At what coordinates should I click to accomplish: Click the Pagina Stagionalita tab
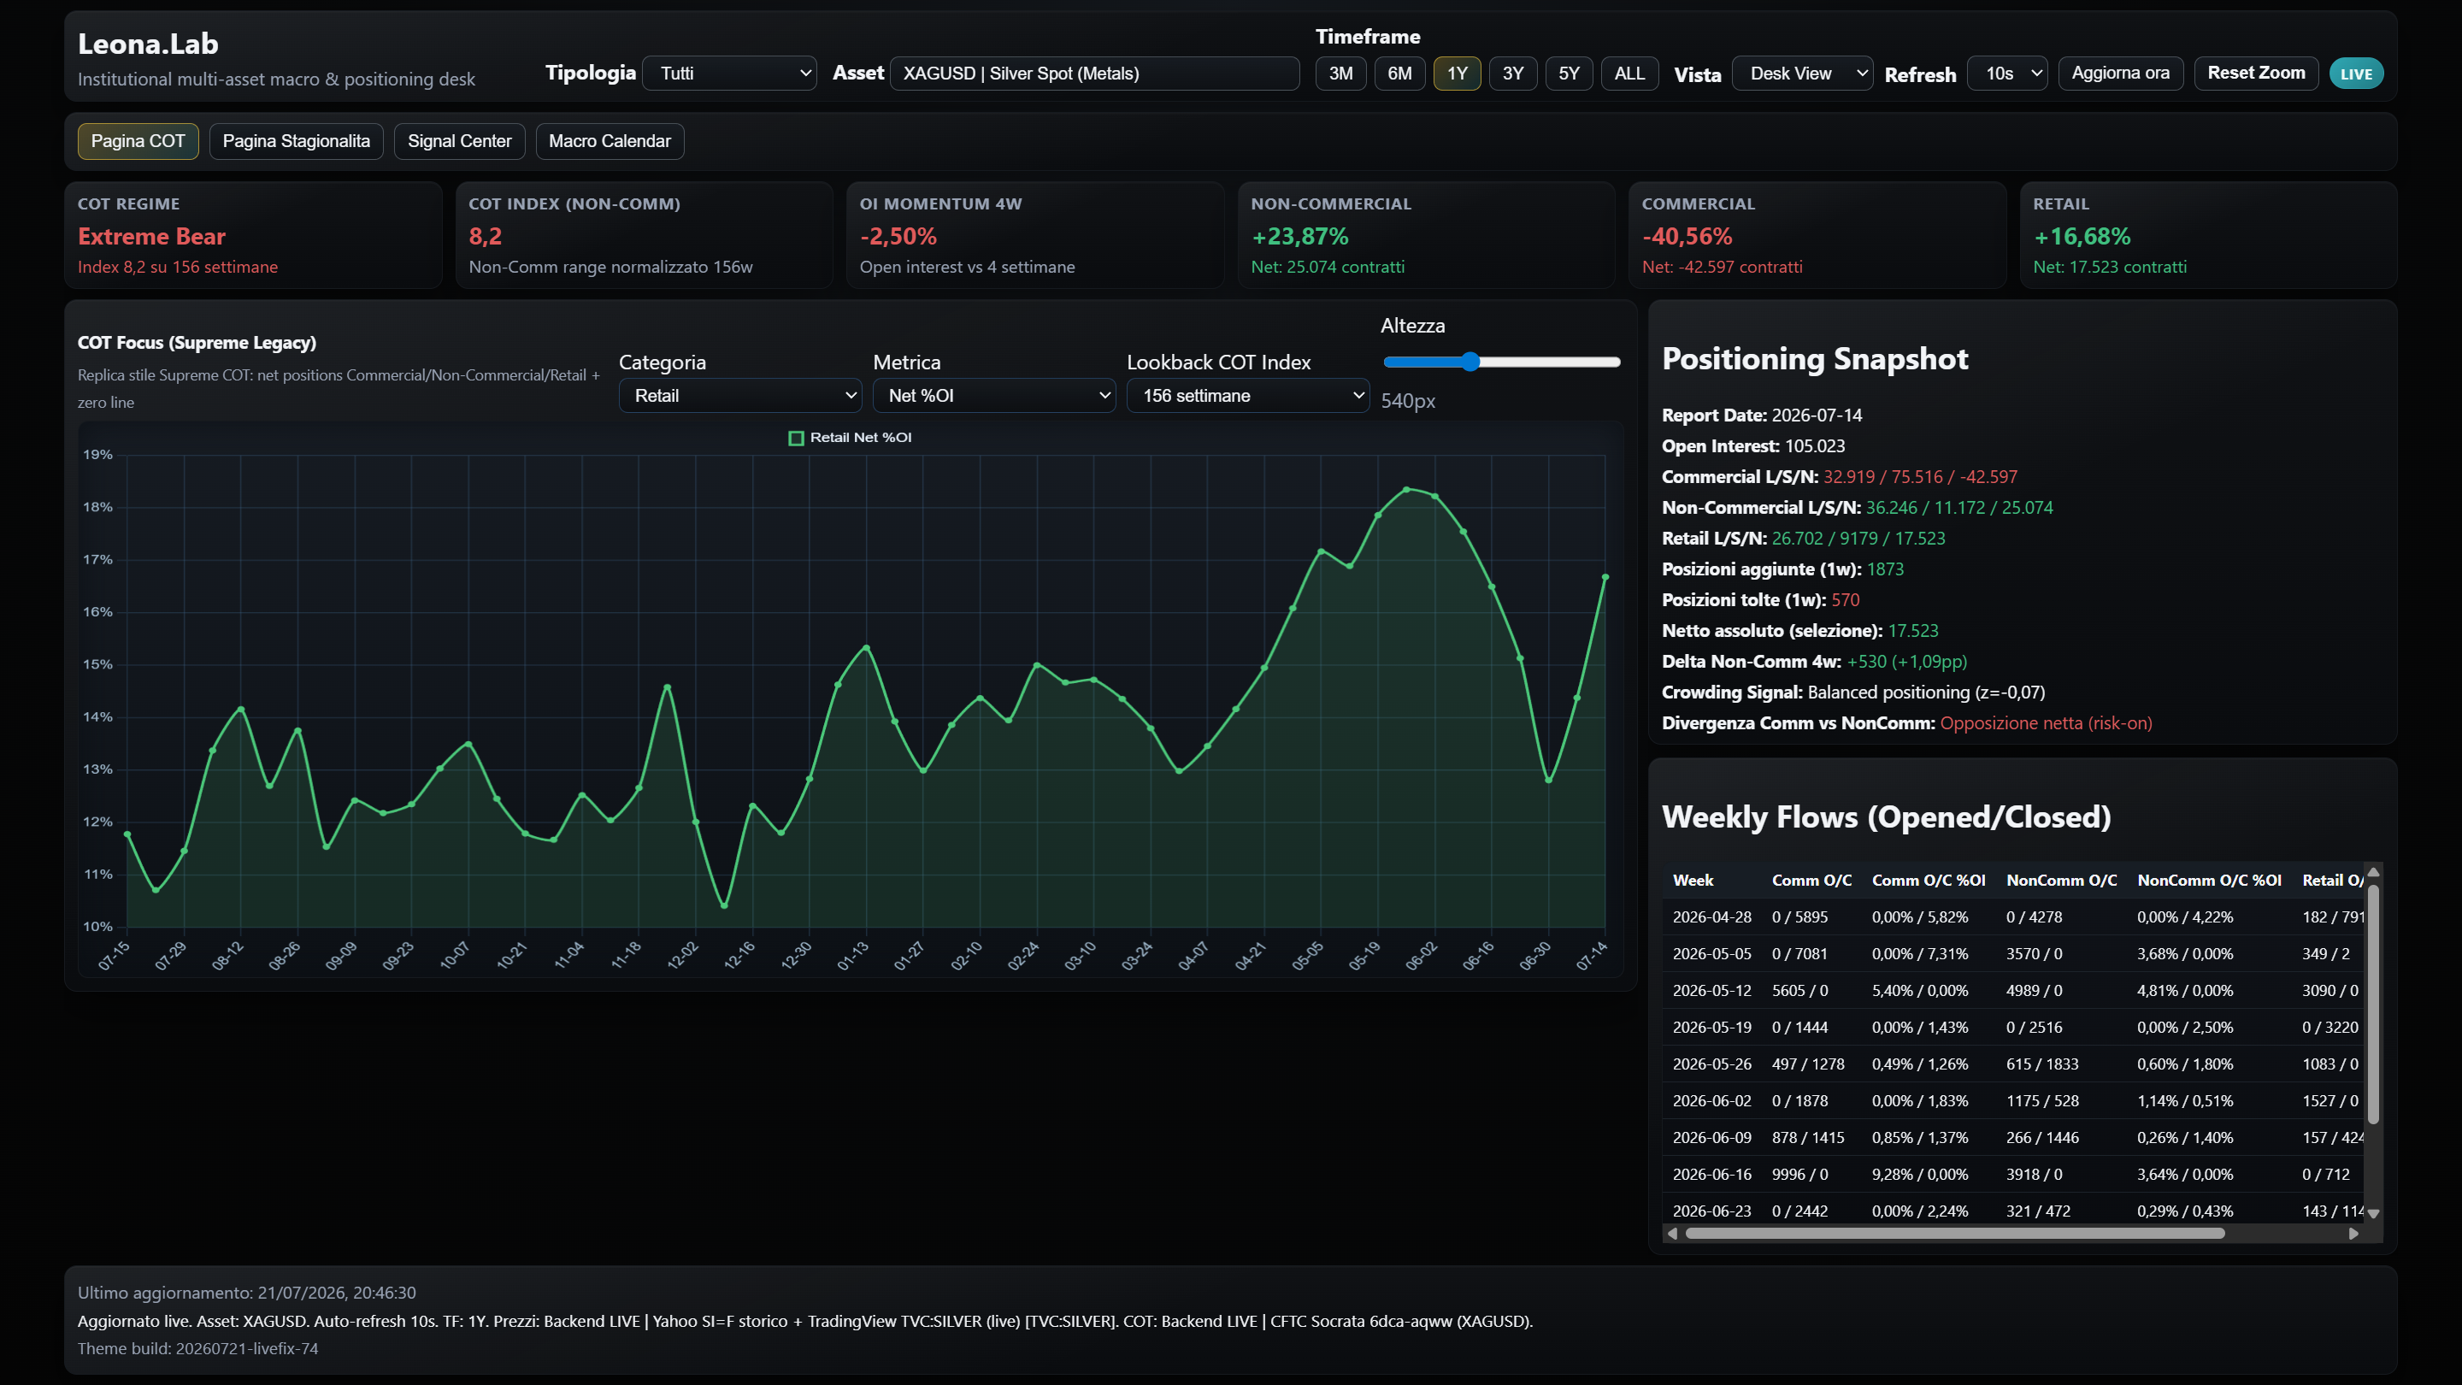297,141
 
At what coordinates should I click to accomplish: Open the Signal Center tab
460,141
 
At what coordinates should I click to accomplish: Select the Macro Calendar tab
610,141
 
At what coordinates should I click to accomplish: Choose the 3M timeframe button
1341,74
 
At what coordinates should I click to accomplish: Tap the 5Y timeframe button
1570,74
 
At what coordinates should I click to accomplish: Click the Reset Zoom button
2257,74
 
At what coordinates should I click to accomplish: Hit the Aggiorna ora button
2121,74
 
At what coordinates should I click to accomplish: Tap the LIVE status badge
2357,74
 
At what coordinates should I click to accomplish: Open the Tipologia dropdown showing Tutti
730,74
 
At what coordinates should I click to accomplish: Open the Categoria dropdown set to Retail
740,396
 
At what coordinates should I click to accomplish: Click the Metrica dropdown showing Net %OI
994,396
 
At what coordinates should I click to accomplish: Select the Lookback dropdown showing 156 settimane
1248,396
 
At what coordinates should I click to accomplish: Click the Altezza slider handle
1471,362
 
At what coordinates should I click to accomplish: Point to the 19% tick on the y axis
97,455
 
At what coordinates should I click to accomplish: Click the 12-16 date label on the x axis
740,955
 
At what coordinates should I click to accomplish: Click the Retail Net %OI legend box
796,438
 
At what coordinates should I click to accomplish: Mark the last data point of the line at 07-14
1605,577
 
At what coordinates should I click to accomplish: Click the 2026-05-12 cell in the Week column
1711,991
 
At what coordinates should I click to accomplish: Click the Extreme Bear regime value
151,237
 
